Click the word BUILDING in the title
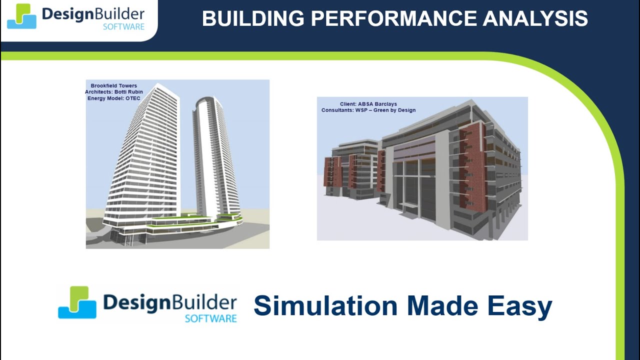[253, 18]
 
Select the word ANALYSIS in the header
[535, 18]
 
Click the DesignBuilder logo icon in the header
[21, 16]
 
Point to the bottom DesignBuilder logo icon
[77, 302]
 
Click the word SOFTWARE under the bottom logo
[211, 318]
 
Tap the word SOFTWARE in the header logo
[123, 27]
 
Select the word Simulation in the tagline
[325, 305]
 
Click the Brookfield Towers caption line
[113, 85]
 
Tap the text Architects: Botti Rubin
[113, 92]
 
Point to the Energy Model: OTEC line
[113, 98]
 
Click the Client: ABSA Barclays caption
[368, 104]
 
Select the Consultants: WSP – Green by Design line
[368, 110]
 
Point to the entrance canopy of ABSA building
[411, 204]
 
